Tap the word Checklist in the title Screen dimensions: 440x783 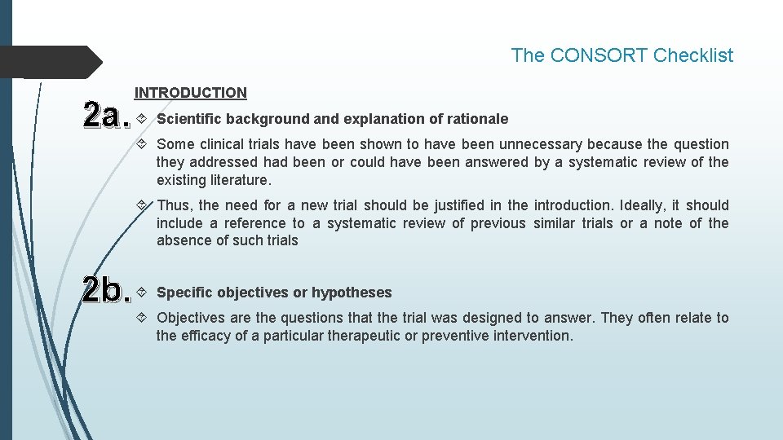(693, 55)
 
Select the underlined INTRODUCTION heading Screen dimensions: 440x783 (191, 93)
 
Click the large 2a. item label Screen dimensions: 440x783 (107, 117)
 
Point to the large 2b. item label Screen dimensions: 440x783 (107, 291)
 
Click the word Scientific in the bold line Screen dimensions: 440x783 (189, 119)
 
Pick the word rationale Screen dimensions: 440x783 (477, 119)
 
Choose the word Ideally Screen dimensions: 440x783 (644, 205)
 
